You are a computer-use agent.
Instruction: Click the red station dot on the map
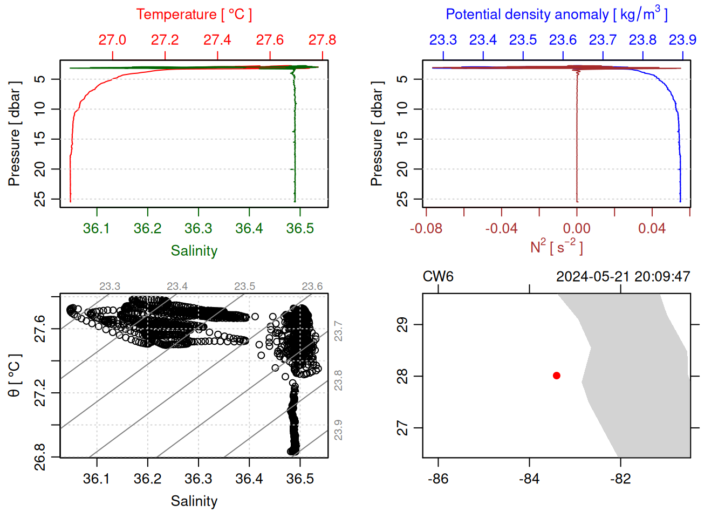pyautogui.click(x=557, y=376)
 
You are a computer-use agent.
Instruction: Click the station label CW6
pyautogui.click(x=438, y=277)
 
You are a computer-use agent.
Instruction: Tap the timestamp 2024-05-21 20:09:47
pyautogui.click(x=623, y=277)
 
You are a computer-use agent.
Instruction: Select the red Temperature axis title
pyautogui.click(x=194, y=15)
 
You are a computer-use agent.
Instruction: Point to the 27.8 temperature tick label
pyautogui.click(x=322, y=40)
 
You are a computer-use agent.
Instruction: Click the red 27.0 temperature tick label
pyautogui.click(x=112, y=40)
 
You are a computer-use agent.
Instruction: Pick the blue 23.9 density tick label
pyautogui.click(x=682, y=40)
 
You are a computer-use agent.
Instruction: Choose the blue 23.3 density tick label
pyautogui.click(x=443, y=40)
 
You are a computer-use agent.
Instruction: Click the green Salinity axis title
pyautogui.click(x=194, y=251)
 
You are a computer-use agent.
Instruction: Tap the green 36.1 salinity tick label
pyautogui.click(x=97, y=229)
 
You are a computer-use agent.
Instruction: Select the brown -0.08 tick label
pyautogui.click(x=426, y=229)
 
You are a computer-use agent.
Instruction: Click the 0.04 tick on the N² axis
pyautogui.click(x=652, y=229)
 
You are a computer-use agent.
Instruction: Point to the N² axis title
pyautogui.click(x=557, y=247)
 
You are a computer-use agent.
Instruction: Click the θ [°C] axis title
pyautogui.click(x=15, y=376)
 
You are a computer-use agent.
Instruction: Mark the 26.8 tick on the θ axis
pyautogui.click(x=40, y=457)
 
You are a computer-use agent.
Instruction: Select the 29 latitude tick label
pyautogui.click(x=402, y=324)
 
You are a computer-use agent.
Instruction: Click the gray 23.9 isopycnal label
pyautogui.click(x=338, y=430)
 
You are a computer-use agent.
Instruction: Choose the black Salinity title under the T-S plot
pyautogui.click(x=194, y=501)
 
